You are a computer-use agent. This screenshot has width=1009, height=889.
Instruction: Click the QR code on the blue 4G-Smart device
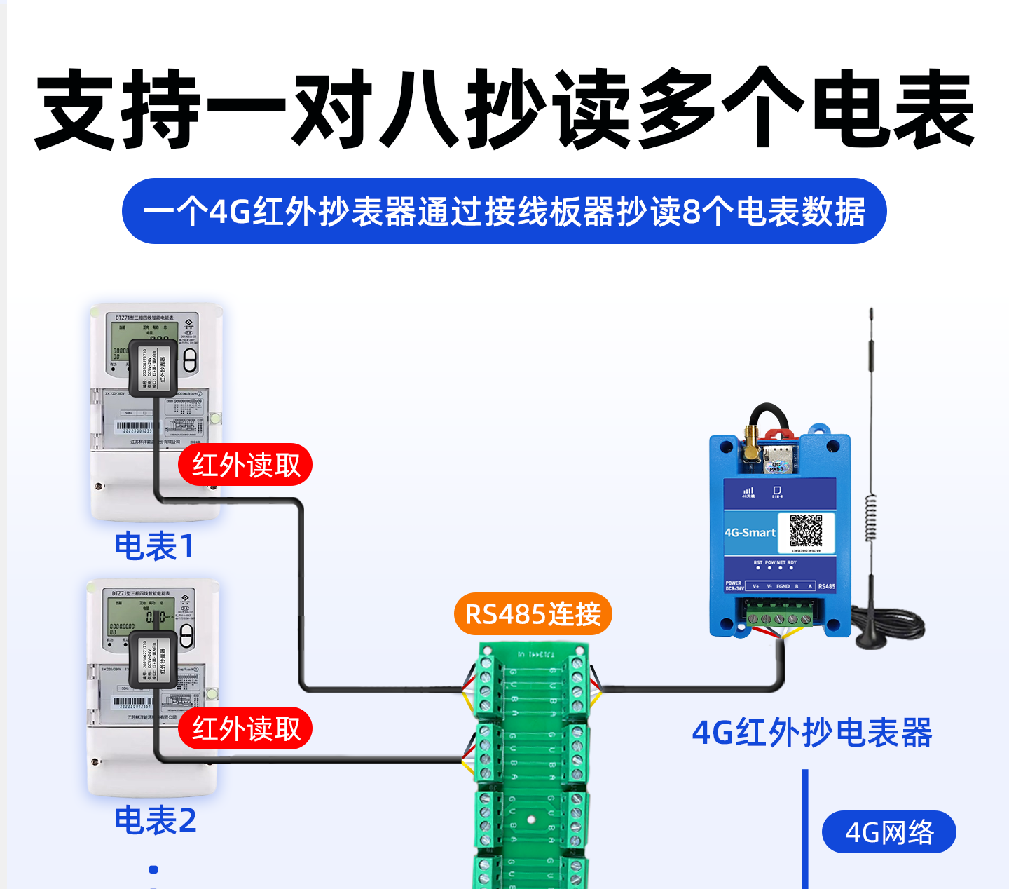click(x=806, y=531)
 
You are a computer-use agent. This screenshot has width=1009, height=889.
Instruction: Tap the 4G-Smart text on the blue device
click(x=750, y=533)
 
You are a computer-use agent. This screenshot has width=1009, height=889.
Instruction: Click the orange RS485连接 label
click(x=533, y=614)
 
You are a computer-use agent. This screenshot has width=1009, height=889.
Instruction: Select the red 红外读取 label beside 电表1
click(x=245, y=465)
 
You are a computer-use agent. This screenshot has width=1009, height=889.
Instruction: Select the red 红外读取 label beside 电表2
click(x=245, y=728)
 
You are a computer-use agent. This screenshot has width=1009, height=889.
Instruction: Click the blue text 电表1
click(x=154, y=546)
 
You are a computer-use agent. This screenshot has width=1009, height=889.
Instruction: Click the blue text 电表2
click(x=156, y=820)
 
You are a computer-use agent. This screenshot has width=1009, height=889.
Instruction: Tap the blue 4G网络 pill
click(x=888, y=832)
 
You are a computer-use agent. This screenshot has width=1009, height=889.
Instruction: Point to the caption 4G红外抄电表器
click(x=811, y=733)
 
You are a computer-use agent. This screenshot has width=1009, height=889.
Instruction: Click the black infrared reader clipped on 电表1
click(x=153, y=367)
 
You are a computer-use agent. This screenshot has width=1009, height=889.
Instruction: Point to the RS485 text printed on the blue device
click(x=826, y=586)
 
